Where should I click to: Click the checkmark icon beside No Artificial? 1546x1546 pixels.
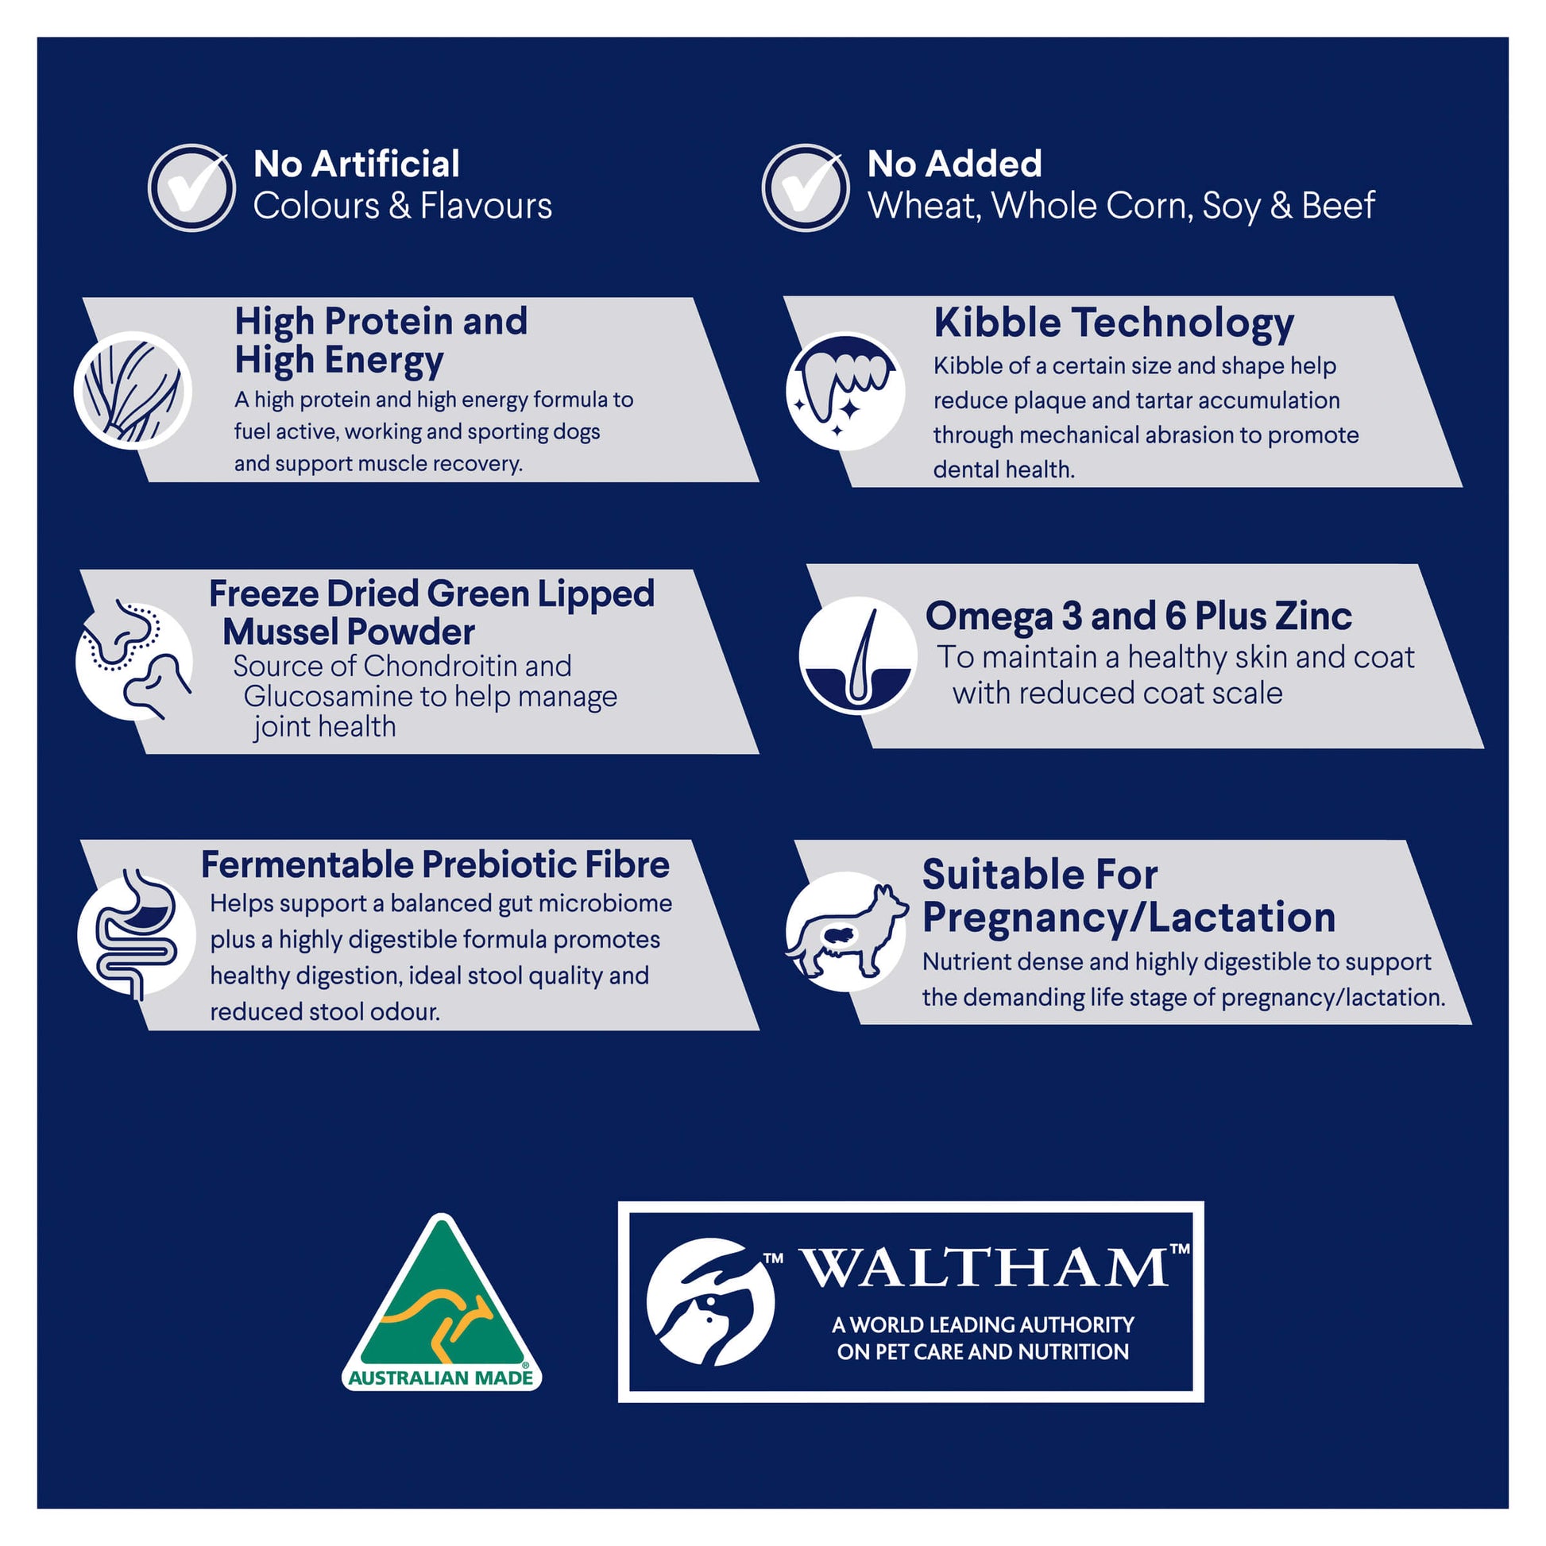(191, 188)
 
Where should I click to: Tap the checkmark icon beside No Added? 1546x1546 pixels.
(805, 188)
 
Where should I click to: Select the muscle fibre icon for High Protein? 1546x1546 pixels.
(133, 391)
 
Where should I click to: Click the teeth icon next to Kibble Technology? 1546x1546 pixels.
(846, 392)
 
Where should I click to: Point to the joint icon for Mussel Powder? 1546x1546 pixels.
(134, 661)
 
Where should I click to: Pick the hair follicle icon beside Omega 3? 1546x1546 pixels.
(858, 655)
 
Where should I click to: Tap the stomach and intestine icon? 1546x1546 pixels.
(136, 934)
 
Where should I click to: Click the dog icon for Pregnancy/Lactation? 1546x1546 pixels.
(847, 931)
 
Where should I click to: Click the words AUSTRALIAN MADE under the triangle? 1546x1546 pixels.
(441, 1378)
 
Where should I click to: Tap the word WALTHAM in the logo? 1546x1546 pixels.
(985, 1268)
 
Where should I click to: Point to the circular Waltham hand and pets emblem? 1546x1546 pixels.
(710, 1302)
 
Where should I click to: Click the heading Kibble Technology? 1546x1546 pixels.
(1114, 323)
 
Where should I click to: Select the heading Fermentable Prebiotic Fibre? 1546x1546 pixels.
(435, 864)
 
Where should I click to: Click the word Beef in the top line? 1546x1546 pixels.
(1338, 206)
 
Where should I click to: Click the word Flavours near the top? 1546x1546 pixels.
(485, 206)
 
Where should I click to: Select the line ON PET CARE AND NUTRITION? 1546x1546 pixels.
(983, 1352)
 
